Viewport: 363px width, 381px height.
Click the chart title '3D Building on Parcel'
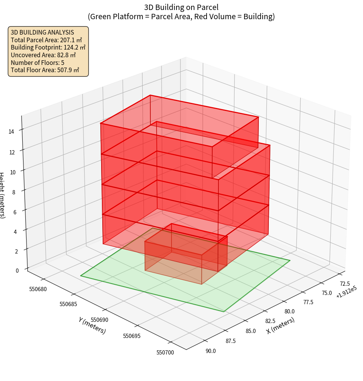coord(181,7)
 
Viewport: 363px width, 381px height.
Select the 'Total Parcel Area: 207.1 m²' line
coord(47,40)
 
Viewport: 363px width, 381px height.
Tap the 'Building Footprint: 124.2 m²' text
coord(48,47)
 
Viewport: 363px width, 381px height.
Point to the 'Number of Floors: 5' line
coord(37,62)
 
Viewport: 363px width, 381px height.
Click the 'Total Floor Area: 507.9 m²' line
coord(45,70)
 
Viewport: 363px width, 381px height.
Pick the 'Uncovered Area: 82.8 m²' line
coord(43,55)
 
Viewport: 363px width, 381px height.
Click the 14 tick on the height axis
coord(12,131)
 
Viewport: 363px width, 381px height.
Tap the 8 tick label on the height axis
coord(13,191)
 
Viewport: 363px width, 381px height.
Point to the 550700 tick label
coord(165,352)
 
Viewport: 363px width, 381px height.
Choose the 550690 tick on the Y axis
coord(101,320)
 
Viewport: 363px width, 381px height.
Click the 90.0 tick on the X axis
coord(211,351)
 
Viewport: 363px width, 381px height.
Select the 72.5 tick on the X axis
coord(345,283)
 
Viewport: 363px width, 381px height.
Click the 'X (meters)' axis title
coord(280,326)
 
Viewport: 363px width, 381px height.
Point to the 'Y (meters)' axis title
coord(92,325)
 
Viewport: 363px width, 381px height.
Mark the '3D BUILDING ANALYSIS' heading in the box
coord(42,32)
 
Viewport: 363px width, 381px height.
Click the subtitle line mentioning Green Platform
coord(181,17)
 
